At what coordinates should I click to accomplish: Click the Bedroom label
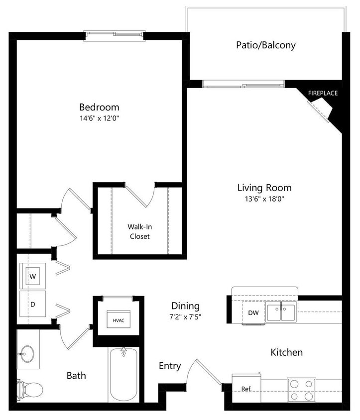tap(99, 107)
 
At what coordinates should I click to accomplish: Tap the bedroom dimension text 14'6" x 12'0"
tap(99, 118)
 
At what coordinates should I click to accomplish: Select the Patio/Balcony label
tap(265, 45)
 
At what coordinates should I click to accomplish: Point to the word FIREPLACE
tap(323, 93)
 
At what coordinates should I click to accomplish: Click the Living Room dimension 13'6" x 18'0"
tap(264, 199)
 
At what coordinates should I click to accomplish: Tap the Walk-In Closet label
tap(139, 231)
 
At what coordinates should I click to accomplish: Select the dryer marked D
tap(32, 304)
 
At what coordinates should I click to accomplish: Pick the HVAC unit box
tap(118, 320)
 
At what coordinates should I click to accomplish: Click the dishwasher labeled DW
tap(252, 313)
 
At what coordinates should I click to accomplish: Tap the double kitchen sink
tap(281, 313)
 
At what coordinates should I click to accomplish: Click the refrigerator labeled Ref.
tap(246, 388)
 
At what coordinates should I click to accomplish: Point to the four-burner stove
tap(301, 390)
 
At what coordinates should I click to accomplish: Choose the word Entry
tap(169, 366)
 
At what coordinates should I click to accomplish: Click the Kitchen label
tap(286, 352)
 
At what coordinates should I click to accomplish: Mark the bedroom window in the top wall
tap(114, 36)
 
